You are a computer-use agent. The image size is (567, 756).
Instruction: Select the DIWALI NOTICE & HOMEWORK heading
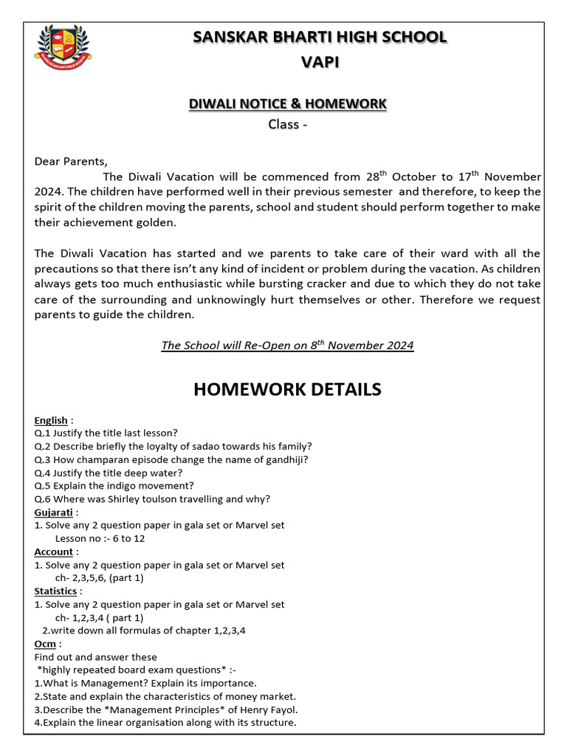(x=287, y=104)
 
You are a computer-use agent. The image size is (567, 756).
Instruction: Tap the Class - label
(x=287, y=124)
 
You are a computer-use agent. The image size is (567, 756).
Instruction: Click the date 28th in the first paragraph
(x=376, y=176)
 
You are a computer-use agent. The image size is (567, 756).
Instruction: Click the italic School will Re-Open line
(x=287, y=346)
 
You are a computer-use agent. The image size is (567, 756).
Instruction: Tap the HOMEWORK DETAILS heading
(x=287, y=389)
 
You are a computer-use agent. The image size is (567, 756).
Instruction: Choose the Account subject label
(x=54, y=551)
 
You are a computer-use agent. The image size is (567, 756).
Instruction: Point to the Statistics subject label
(x=55, y=591)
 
